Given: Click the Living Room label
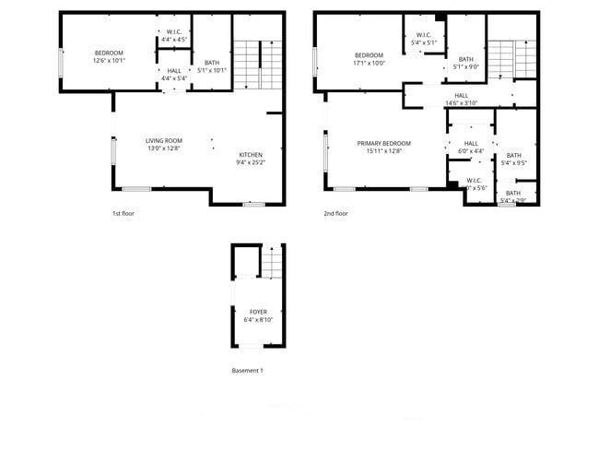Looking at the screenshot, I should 164,141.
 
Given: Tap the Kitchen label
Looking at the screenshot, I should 252,154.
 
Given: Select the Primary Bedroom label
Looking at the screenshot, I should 384,143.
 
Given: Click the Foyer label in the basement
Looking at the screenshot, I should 258,312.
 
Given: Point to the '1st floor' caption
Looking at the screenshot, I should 123,213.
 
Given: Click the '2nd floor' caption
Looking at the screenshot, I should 335,213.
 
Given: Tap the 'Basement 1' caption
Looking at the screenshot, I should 247,371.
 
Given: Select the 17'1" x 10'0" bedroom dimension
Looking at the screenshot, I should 370,64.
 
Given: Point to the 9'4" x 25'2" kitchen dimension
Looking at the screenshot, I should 252,163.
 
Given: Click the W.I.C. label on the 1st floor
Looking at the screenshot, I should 174,31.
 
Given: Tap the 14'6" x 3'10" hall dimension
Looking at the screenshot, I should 462,103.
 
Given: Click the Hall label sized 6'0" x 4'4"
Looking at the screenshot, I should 471,143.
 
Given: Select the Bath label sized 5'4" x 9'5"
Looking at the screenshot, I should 514,155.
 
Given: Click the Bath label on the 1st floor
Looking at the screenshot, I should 212,62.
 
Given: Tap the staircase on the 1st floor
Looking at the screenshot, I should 256,65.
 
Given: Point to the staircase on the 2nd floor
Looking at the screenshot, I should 511,60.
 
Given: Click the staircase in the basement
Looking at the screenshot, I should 270,265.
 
